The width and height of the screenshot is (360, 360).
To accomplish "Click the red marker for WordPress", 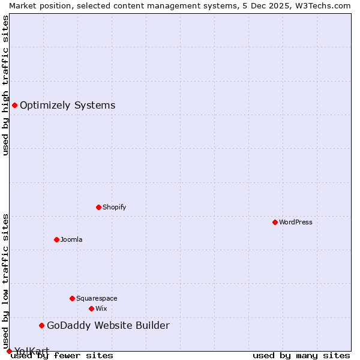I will click(x=275, y=222).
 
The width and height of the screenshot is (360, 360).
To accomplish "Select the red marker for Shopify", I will click(x=98, y=207).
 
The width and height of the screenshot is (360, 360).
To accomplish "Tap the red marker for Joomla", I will click(x=56, y=239).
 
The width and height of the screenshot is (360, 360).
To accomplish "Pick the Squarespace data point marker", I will click(x=72, y=298).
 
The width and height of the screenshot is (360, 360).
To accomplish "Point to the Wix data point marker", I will click(x=91, y=308).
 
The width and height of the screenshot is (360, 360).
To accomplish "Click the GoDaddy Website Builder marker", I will click(x=41, y=325).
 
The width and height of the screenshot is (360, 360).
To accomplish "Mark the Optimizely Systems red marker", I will click(x=14, y=105).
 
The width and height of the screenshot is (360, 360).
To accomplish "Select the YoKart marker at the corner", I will click(x=9, y=351).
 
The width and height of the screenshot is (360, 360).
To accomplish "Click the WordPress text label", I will click(x=296, y=222).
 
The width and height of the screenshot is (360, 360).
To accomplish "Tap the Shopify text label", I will click(x=115, y=207).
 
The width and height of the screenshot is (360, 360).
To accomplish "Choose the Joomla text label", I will click(x=71, y=239).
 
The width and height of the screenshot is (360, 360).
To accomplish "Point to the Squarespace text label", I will click(x=97, y=298).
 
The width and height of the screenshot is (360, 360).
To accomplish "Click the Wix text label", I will click(x=101, y=308).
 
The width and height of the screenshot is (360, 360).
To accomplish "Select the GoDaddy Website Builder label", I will click(x=108, y=325).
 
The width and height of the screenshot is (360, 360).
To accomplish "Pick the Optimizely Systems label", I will click(x=68, y=105).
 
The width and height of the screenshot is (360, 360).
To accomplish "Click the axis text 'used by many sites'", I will click(x=301, y=355).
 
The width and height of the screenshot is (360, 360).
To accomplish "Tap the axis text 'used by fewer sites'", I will click(x=62, y=355).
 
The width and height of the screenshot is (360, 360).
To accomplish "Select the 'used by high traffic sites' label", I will click(x=5, y=85).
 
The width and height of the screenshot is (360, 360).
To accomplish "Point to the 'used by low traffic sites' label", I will click(x=5, y=281).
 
